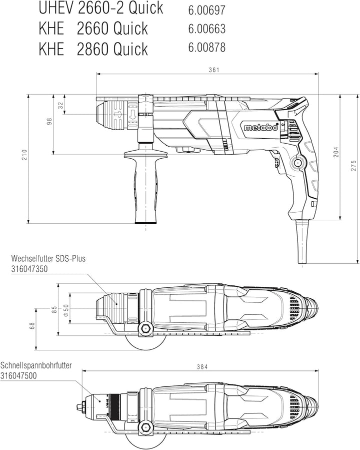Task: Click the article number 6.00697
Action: (206, 11)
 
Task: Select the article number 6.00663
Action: (206, 29)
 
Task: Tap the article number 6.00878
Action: (206, 48)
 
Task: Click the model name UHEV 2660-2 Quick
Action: (101, 9)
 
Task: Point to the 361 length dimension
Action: (214, 70)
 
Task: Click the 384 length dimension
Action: (202, 366)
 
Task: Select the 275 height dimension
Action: (353, 166)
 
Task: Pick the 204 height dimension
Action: (336, 152)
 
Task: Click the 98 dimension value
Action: (49, 121)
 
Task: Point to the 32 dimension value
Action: (60, 105)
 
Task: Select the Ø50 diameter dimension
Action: (65, 310)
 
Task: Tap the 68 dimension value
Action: (32, 325)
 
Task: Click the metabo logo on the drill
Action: (261, 127)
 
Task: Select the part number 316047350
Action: (29, 269)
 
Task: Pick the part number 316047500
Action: (18, 375)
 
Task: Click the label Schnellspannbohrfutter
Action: (36, 365)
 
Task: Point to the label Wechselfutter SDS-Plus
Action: (48, 258)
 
